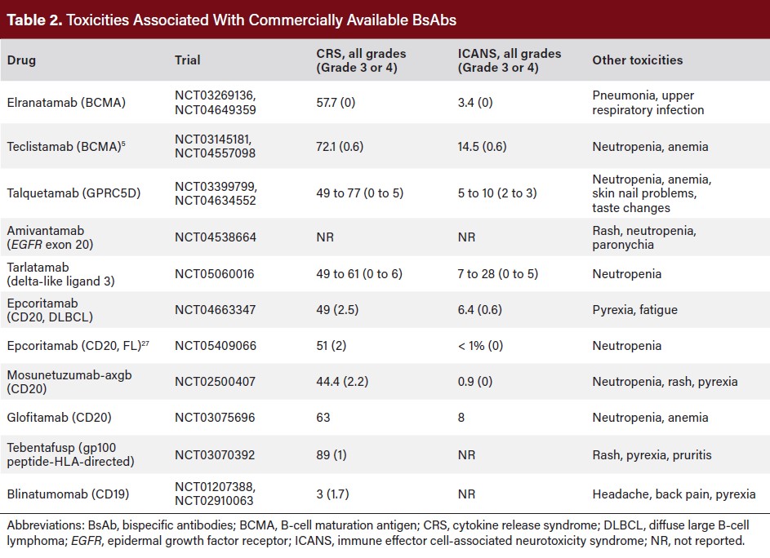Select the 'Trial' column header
coord(187,60)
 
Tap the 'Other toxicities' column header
coord(637,60)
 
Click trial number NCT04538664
coord(216,237)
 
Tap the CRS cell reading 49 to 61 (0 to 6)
coord(359,274)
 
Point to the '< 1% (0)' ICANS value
coord(485,346)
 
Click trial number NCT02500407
coord(216,382)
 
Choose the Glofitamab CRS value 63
coord(323,418)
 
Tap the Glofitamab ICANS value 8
coord(461,418)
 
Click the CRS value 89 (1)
coord(332,455)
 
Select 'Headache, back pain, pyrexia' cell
coord(674,494)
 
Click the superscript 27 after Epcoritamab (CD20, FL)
coord(144,343)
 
